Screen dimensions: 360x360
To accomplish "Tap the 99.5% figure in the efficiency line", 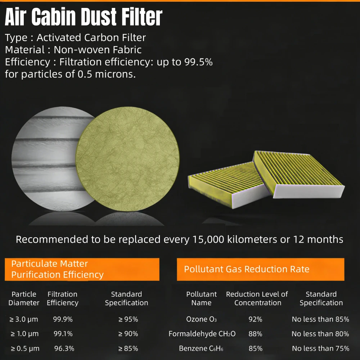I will click(198, 62).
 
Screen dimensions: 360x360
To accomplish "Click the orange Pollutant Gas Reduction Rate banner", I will click(260, 269).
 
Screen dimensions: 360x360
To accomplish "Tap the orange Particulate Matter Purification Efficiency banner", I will click(82, 269).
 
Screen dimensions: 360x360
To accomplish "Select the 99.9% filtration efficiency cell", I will click(63, 319).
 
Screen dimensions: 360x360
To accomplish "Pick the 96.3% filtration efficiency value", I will click(64, 348).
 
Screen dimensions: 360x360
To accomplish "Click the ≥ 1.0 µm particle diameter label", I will click(24, 334).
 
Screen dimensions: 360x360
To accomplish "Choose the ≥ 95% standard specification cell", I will click(128, 319).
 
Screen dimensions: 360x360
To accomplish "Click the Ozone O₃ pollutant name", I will click(201, 319).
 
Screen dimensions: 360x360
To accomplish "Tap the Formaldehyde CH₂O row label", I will click(202, 334).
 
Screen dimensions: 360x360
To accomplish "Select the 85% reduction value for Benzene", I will click(255, 348).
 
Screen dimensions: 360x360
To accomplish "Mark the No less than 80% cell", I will click(320, 334).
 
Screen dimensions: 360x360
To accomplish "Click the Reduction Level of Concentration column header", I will click(257, 298).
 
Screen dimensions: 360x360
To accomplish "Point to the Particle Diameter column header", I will click(24, 298).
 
